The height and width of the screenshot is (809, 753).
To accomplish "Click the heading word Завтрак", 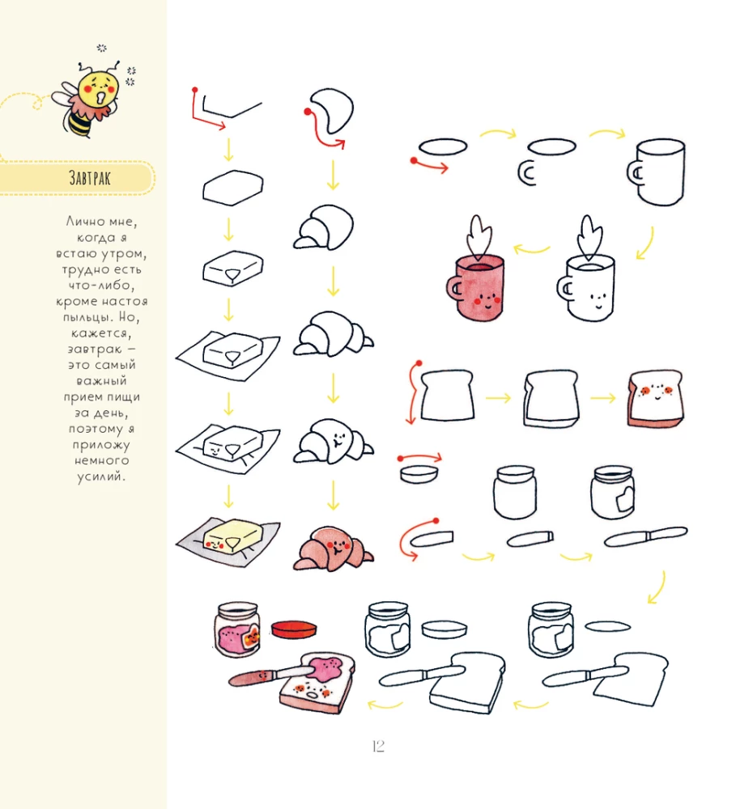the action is (90, 178).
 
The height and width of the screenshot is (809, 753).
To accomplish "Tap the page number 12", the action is (378, 746).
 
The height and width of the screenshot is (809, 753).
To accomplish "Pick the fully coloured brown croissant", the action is (334, 549).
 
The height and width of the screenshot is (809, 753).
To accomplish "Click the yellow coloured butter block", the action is (232, 536).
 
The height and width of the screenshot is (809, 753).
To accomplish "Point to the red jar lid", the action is (294, 629).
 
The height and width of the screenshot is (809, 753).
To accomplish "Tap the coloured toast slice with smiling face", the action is (655, 398).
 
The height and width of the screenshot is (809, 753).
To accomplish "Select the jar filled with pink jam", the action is (237, 629).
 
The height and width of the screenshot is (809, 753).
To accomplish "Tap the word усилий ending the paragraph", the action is (101, 477).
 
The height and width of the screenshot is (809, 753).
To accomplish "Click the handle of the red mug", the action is (454, 288).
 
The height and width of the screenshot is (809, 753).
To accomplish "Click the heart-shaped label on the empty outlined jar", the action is (624, 498).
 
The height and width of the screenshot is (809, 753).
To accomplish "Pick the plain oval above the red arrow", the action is (443, 146).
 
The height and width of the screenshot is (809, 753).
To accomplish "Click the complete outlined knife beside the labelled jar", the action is (645, 536).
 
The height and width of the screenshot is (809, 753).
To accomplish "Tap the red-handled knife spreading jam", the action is (271, 675).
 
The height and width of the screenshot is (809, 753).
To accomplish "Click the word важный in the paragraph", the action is (101, 381).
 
